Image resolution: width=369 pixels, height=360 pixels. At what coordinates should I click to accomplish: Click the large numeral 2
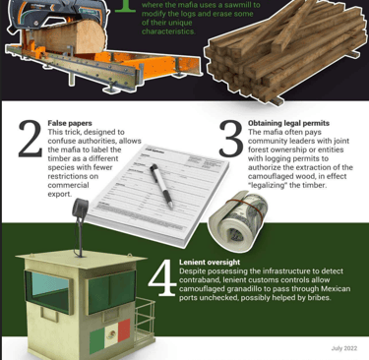click(x=31, y=139)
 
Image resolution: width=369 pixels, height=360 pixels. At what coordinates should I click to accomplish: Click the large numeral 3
click(x=231, y=139)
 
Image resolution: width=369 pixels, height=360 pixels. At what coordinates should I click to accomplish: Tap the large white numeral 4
click(x=162, y=278)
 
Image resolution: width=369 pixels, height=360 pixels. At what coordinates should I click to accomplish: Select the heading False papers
click(x=70, y=123)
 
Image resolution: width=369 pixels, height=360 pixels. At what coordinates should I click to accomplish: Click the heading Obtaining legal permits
click(x=288, y=123)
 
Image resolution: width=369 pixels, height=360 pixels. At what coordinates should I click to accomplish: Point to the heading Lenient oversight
click(x=210, y=263)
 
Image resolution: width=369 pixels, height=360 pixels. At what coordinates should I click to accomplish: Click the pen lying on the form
click(x=161, y=186)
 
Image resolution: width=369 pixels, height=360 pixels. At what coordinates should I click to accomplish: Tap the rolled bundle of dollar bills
click(x=238, y=221)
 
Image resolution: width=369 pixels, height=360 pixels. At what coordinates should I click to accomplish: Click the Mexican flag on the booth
click(x=110, y=333)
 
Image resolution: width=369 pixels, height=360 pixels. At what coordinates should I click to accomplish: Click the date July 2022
click(x=344, y=348)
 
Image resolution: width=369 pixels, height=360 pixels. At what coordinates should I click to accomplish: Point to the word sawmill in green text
click(x=240, y=5)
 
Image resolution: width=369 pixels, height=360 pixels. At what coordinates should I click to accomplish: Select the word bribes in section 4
click(x=319, y=298)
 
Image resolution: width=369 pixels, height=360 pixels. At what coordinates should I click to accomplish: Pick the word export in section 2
click(x=59, y=194)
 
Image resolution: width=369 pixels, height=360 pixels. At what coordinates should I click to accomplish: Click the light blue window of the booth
click(x=50, y=287)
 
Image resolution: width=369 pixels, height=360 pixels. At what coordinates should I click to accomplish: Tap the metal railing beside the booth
click(x=144, y=323)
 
